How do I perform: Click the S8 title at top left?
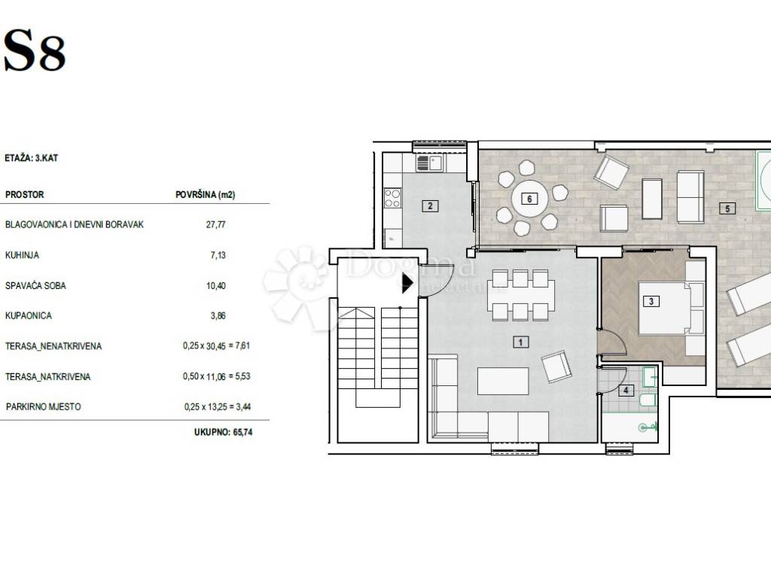35,50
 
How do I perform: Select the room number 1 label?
521,342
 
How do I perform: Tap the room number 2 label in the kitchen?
430,206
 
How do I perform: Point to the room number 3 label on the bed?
651,301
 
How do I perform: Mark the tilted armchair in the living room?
556,367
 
